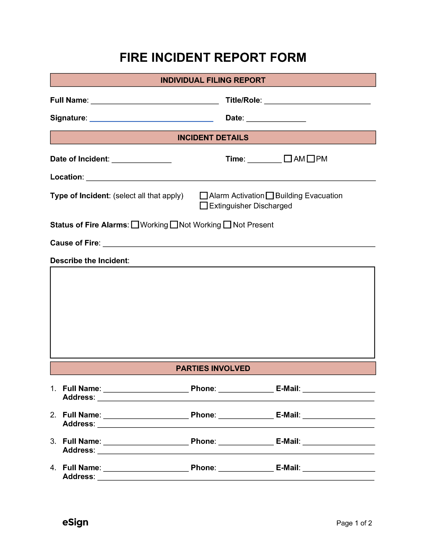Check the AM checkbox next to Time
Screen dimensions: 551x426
pos(288,158)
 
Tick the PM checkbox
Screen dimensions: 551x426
pos(311,158)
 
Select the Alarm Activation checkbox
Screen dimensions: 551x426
pos(204,195)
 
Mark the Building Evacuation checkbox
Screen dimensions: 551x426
pos(270,195)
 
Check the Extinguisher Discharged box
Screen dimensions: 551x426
pos(204,206)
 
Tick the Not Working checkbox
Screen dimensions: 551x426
pos(174,225)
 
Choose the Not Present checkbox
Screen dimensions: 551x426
pos(227,225)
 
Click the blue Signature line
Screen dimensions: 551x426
pos(151,119)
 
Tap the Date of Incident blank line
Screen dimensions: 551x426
pos(142,160)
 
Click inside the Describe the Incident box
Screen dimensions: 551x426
pos(213,312)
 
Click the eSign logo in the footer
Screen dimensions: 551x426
pos(75,522)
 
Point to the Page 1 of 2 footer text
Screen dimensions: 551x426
pos(354,523)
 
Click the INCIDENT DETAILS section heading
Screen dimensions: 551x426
pos(213,137)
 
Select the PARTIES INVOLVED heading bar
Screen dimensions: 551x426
pos(213,368)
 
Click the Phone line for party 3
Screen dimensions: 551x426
pos(246,443)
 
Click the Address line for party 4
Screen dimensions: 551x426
pos(236,478)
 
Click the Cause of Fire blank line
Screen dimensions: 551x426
pos(239,244)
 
